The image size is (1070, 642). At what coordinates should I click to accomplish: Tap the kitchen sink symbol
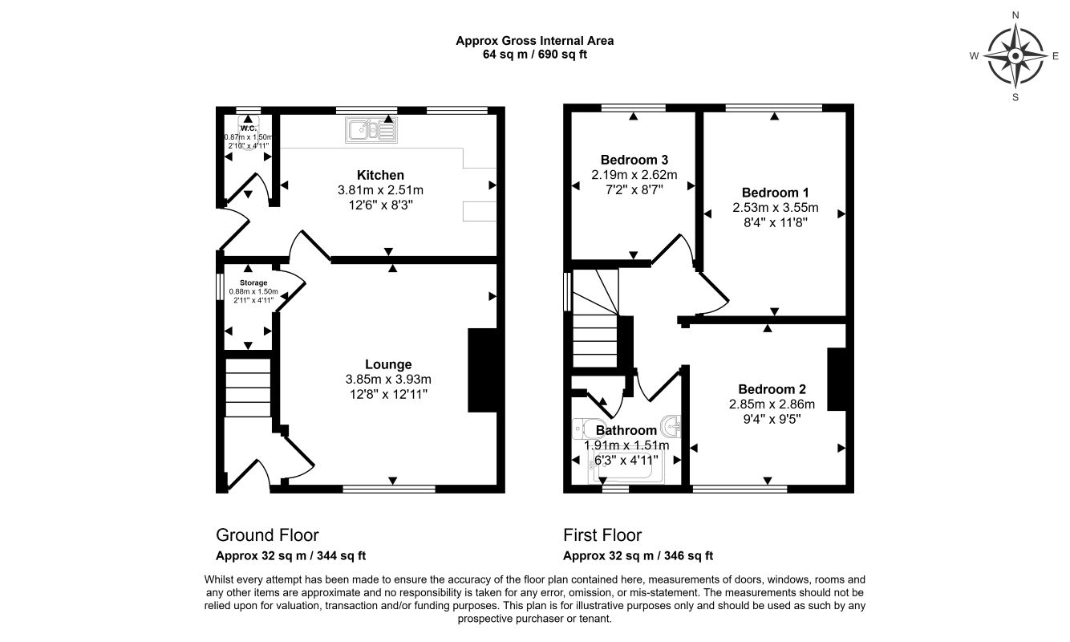pos(371,130)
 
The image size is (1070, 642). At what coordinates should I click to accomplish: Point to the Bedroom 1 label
pos(775,193)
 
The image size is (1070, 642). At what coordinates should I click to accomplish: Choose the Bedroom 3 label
pos(634,159)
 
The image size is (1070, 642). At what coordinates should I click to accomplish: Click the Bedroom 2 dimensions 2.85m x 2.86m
pos(772,404)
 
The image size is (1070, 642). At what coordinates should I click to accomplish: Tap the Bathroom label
pos(626,430)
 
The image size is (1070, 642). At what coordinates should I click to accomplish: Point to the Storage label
pos(248,282)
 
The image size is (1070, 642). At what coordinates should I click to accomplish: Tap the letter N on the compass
pos(1015,15)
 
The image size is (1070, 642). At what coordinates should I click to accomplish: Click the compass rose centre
pos(1015,56)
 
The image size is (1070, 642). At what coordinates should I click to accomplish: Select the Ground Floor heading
pos(267,535)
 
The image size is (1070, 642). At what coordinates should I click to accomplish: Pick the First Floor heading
pos(602,535)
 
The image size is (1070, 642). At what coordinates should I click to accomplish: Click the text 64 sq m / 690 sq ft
pos(535,55)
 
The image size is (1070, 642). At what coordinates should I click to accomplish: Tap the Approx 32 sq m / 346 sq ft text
pos(638,555)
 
